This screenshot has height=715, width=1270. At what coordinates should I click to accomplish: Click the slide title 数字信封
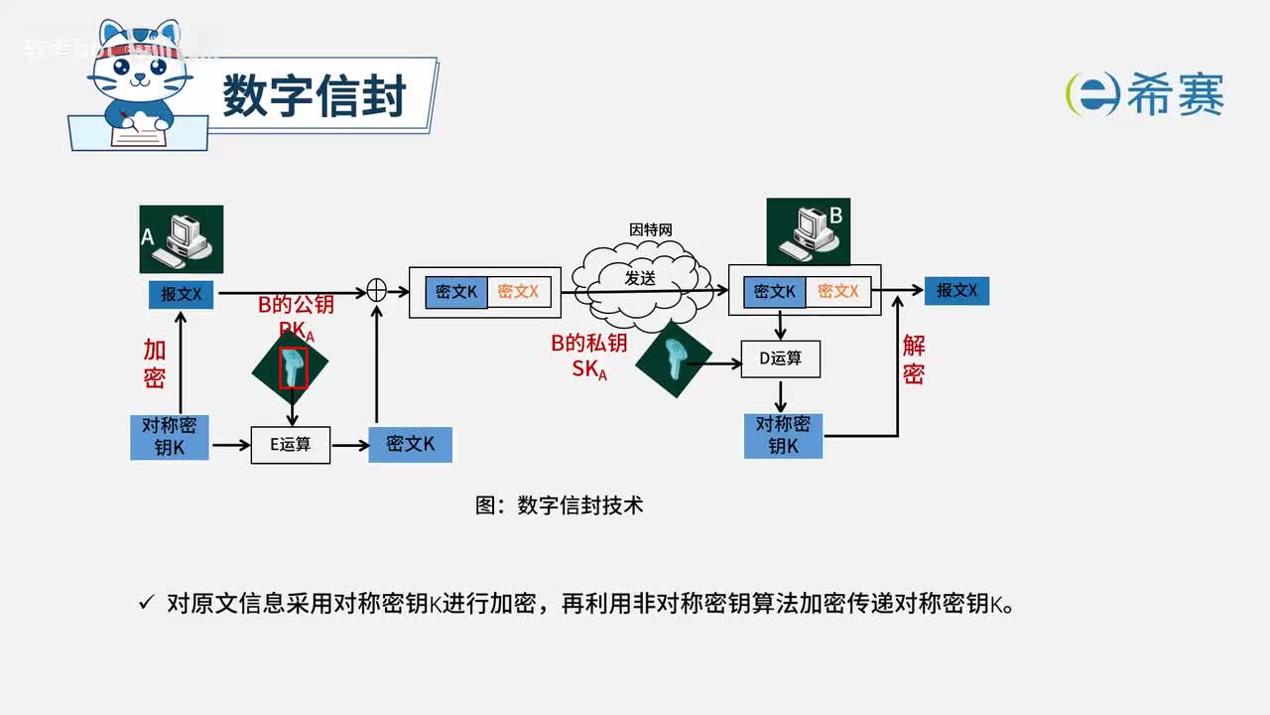pyautogui.click(x=314, y=97)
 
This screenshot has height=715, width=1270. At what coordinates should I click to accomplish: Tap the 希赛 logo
pyautogui.click(x=1145, y=94)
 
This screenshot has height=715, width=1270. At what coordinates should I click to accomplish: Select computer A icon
pyautogui.click(x=182, y=239)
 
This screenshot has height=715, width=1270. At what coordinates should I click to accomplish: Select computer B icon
pyautogui.click(x=808, y=231)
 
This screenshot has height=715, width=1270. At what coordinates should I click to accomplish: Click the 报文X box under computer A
pyautogui.click(x=182, y=294)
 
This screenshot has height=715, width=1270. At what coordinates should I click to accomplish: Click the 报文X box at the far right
pyautogui.click(x=956, y=290)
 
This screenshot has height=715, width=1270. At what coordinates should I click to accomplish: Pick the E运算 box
pyautogui.click(x=290, y=445)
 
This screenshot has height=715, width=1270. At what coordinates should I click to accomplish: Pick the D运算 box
pyautogui.click(x=781, y=358)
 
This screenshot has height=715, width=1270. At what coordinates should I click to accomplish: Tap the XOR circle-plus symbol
pyautogui.click(x=377, y=290)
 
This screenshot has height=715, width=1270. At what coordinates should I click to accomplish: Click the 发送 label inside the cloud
pyautogui.click(x=640, y=279)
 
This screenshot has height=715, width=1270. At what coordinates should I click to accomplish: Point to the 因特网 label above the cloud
pyautogui.click(x=651, y=229)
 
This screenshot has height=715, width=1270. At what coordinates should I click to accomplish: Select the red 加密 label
pyautogui.click(x=155, y=363)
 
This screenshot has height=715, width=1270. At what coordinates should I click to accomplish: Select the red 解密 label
pyautogui.click(x=914, y=359)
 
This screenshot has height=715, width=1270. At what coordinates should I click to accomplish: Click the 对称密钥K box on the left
pyautogui.click(x=170, y=436)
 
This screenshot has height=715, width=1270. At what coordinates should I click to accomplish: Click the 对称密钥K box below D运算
pyautogui.click(x=783, y=435)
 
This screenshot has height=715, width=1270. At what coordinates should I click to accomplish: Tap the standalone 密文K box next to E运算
pyautogui.click(x=410, y=444)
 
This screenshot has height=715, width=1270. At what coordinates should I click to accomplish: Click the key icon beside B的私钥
pyautogui.click(x=674, y=358)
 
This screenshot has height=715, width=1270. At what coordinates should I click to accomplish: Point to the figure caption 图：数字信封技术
pyautogui.click(x=560, y=505)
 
